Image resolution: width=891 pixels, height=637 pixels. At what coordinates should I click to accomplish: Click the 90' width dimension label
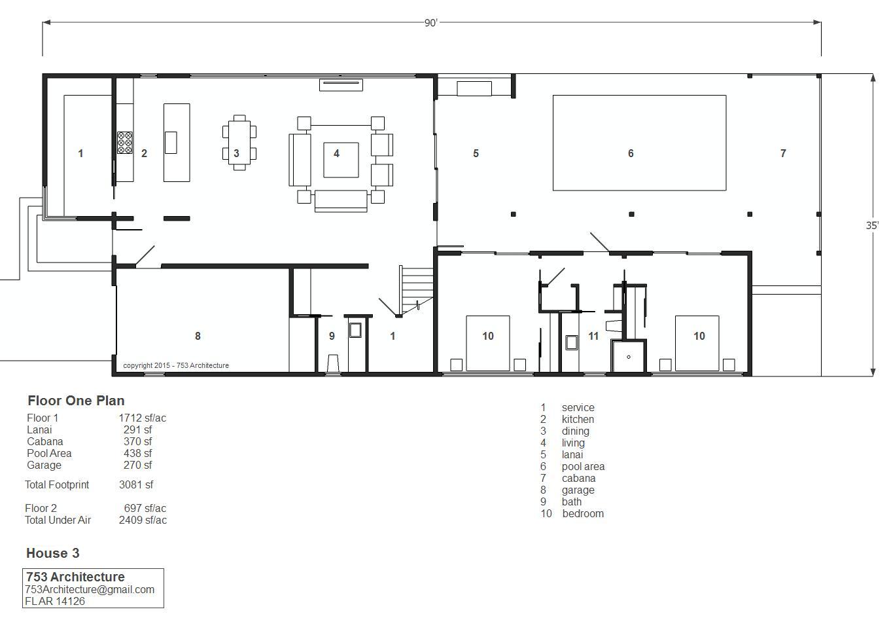[x=431, y=23]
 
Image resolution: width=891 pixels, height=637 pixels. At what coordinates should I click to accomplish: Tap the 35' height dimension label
[x=872, y=226]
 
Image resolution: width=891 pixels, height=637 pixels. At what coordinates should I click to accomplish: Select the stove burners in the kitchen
[x=124, y=143]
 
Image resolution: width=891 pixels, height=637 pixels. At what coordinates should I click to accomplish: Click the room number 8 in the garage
[x=198, y=336]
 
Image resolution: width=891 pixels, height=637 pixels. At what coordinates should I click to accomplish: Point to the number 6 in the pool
[x=631, y=153]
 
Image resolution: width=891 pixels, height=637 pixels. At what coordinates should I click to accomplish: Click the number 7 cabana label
[x=783, y=153]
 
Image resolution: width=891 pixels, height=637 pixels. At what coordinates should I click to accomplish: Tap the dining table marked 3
[x=239, y=143]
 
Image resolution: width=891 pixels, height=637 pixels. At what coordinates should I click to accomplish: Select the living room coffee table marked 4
[x=341, y=160]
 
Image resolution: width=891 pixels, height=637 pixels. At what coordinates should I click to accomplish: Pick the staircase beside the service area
[x=417, y=291]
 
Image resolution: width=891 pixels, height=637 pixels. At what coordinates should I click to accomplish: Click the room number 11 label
[x=593, y=336]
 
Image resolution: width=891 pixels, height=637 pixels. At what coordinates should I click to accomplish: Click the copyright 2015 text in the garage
[x=176, y=365]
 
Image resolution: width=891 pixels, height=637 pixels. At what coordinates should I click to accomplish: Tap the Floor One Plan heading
[x=76, y=401]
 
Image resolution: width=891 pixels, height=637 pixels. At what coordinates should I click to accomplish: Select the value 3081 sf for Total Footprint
[x=136, y=484]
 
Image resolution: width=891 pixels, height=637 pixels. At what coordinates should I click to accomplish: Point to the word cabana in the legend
[x=578, y=478]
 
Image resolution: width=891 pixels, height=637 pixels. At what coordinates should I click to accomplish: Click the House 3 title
[x=53, y=553]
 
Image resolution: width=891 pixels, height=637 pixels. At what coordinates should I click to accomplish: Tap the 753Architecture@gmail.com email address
[x=90, y=589]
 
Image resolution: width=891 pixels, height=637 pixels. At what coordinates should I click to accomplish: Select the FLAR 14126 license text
[x=55, y=601]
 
